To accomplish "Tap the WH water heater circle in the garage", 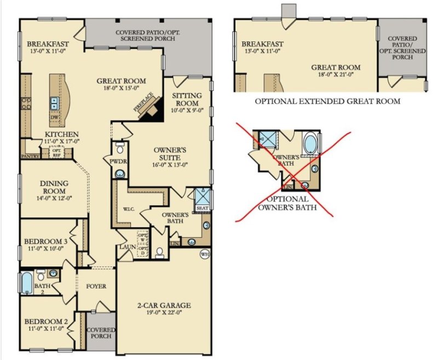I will tap(205, 254).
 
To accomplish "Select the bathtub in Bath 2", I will tap(27, 283).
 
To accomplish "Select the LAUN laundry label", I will tap(128, 248).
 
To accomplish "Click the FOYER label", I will tap(96, 286).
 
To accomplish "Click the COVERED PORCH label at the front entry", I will tap(101, 333).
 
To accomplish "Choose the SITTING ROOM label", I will tap(187, 99).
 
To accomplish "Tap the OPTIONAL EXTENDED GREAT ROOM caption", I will tap(327, 101).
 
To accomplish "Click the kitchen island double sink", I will tap(55, 101).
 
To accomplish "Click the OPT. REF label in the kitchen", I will tap(56, 153).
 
